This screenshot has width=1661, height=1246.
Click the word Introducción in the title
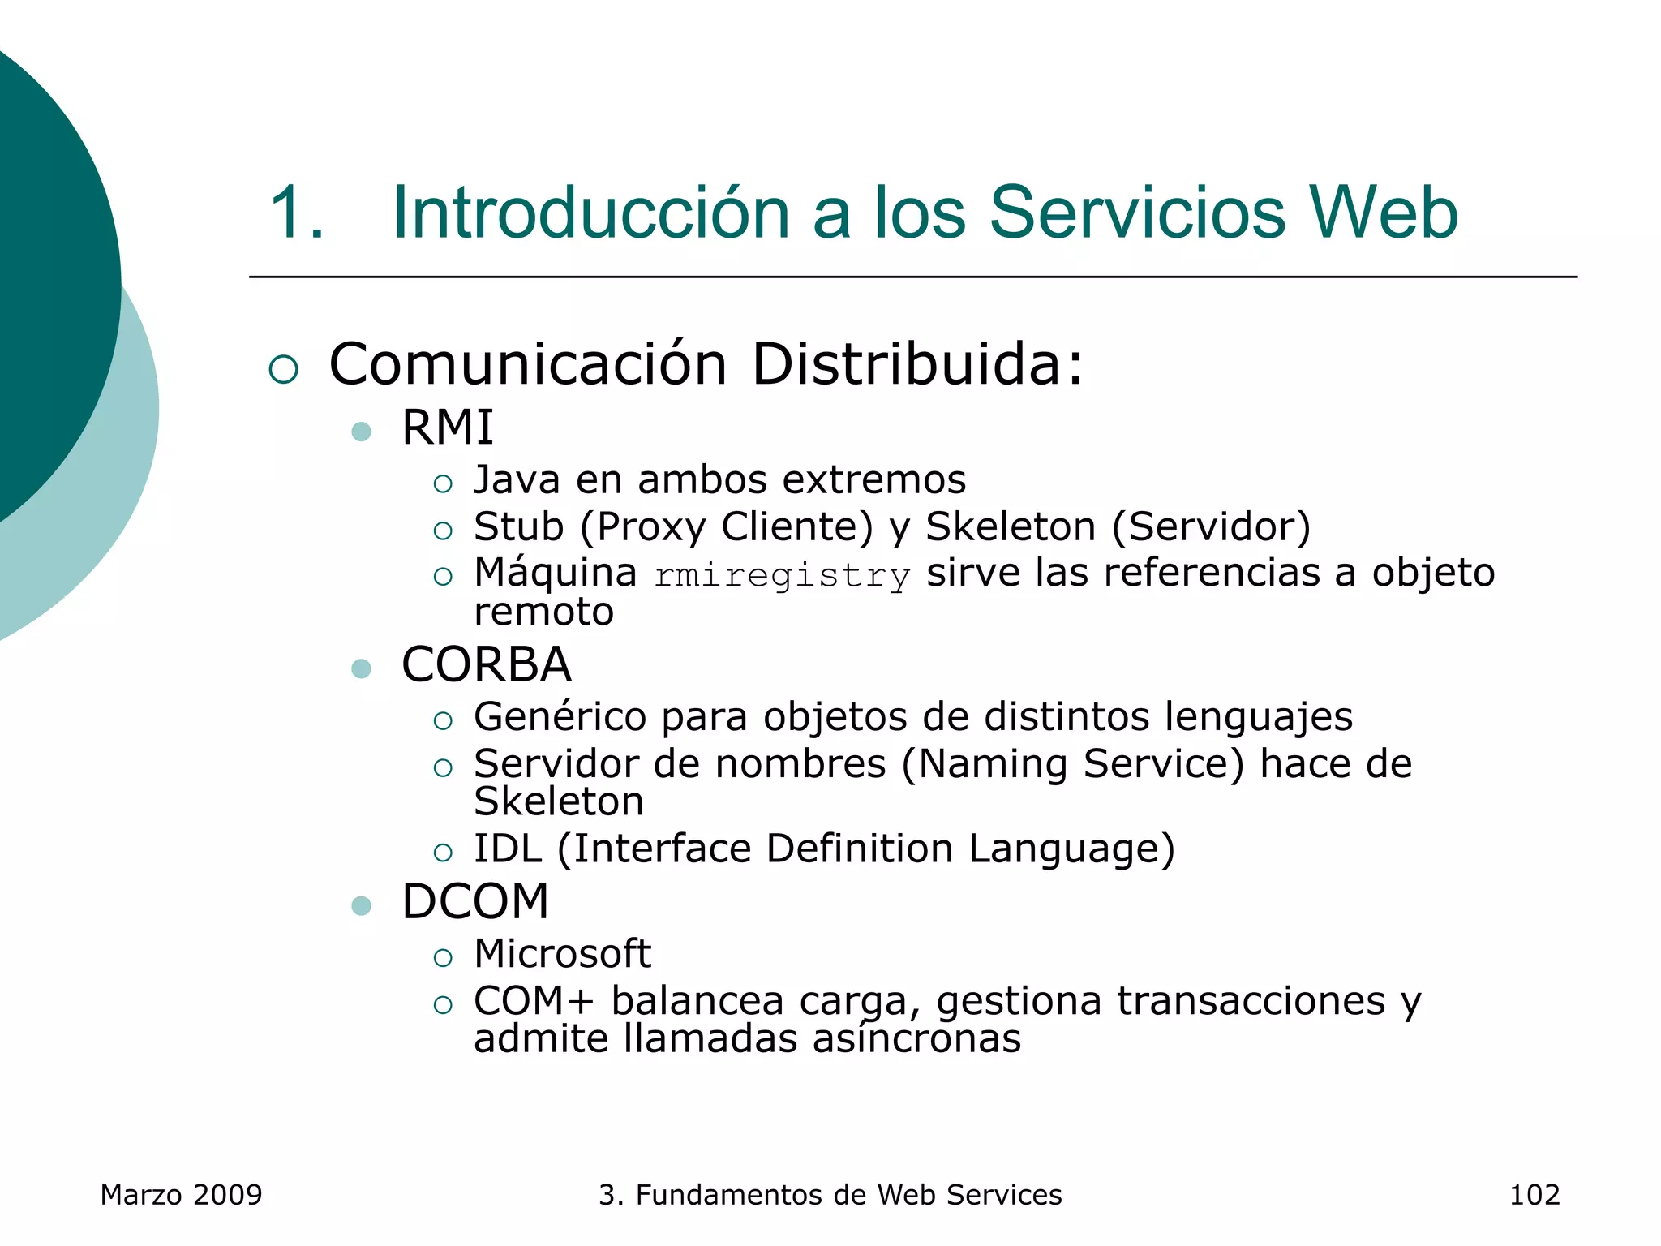click(590, 213)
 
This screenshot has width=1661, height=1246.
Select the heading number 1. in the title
click(297, 214)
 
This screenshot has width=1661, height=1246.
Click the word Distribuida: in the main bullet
click(916, 365)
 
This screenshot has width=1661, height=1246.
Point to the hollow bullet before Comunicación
click(284, 369)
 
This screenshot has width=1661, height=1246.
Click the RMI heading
click(447, 428)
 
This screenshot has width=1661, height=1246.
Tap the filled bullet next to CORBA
click(362, 668)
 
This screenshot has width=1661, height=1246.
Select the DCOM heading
click(475, 901)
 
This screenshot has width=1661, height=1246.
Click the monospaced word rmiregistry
click(782, 576)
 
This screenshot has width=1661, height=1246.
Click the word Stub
click(518, 526)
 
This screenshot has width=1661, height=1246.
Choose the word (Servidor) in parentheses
click(1211, 526)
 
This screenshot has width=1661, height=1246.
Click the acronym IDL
click(508, 849)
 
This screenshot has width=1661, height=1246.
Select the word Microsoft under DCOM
click(562, 954)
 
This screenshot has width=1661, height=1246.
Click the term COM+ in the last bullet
click(534, 1001)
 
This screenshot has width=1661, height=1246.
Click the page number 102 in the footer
click(1534, 1195)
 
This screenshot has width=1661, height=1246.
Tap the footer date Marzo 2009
click(181, 1195)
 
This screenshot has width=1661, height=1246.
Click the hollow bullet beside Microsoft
click(443, 958)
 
